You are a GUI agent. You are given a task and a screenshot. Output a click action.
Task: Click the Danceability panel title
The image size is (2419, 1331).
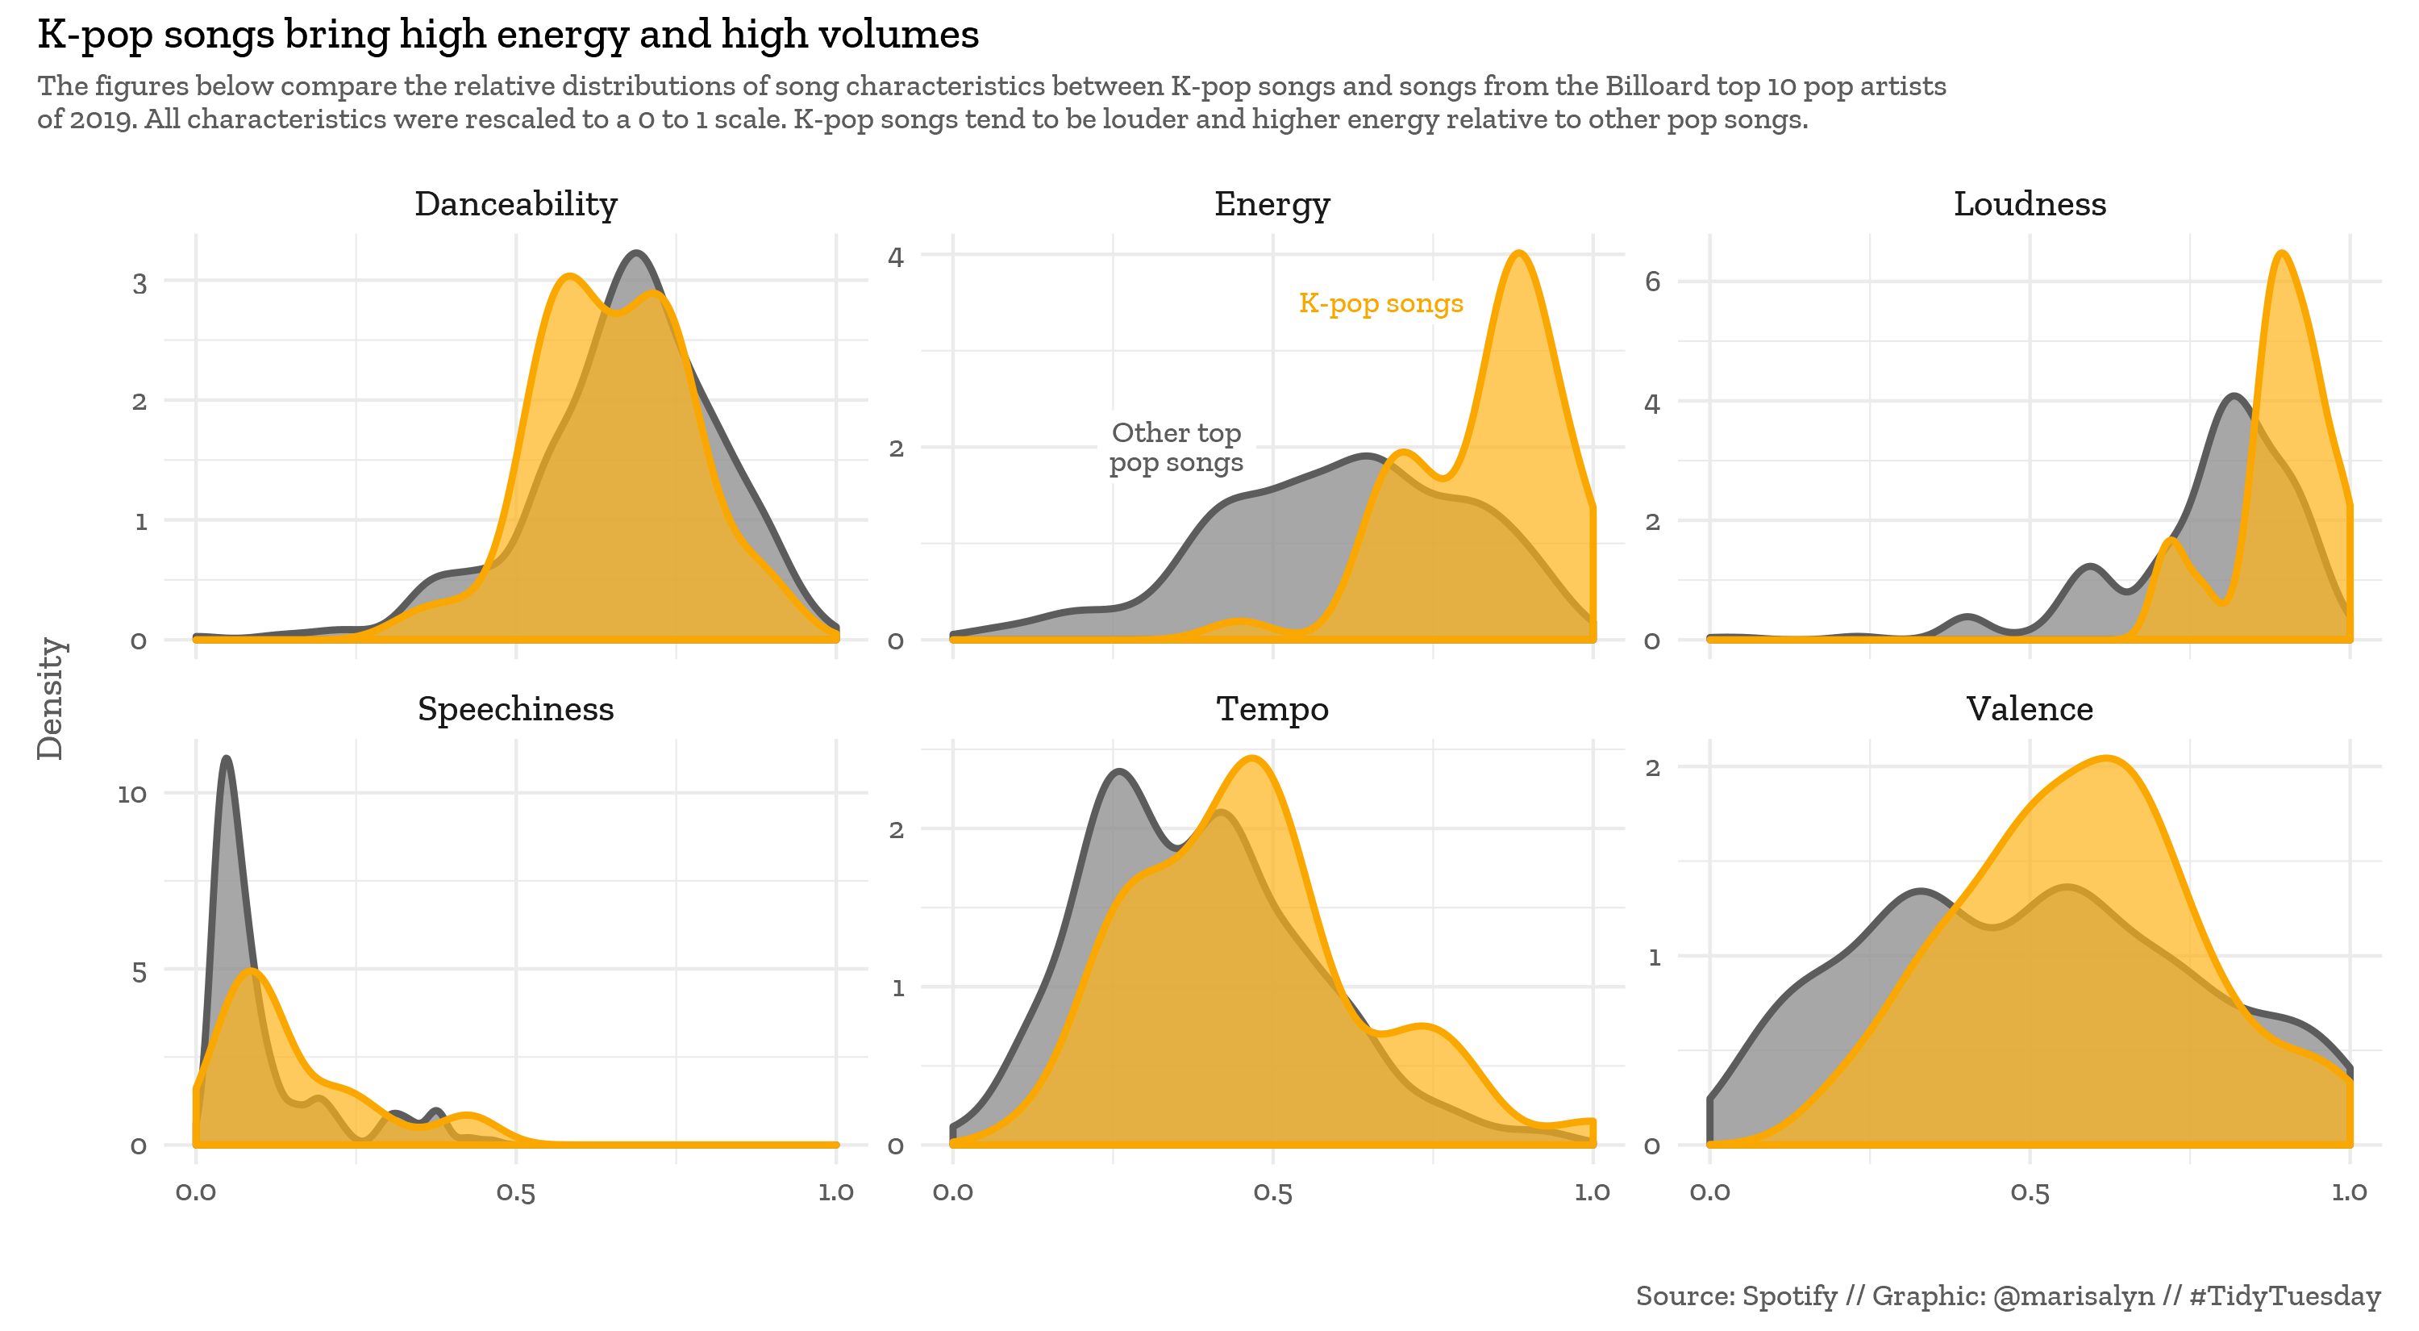[x=515, y=204]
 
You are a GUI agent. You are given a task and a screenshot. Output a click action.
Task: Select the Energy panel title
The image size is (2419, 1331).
[x=1272, y=204]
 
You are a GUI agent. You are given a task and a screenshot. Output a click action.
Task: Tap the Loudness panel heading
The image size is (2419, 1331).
[x=2030, y=204]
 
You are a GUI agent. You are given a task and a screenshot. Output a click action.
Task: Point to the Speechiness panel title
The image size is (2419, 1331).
[x=515, y=708]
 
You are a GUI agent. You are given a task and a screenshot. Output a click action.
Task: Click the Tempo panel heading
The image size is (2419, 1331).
[x=1272, y=708]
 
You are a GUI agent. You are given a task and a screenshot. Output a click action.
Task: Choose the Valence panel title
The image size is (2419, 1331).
[x=2030, y=708]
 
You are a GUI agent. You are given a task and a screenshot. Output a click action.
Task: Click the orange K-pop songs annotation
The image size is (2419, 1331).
[x=1380, y=303]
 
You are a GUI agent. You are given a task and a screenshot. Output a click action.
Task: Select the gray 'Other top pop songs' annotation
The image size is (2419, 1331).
[x=1176, y=447]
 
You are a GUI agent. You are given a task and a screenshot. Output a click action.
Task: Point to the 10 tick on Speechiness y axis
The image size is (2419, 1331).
[x=132, y=795]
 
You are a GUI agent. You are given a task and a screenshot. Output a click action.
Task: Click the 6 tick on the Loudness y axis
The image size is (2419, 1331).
[x=1652, y=282]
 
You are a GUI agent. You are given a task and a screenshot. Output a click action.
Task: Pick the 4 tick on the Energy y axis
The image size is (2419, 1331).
[x=895, y=257]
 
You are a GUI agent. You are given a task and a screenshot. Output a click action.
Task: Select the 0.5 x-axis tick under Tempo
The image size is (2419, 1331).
[x=1272, y=1193]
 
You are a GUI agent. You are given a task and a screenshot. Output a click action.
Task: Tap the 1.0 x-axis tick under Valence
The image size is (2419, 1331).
[x=2349, y=1193]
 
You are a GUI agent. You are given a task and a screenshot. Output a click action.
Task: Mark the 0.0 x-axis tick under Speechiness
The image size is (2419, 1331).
[x=195, y=1193]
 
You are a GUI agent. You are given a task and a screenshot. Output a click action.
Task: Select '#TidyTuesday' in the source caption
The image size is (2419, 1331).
[x=2284, y=1296]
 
